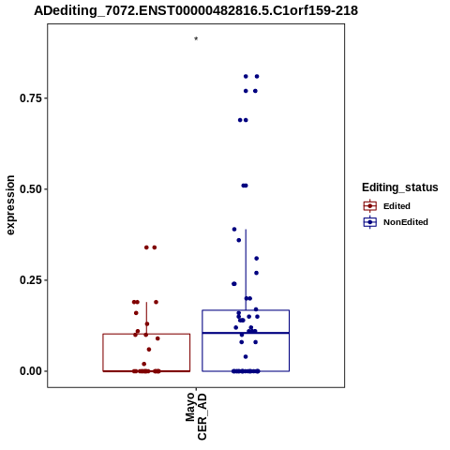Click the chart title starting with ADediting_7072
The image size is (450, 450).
[196, 10]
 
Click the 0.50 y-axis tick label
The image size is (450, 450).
[30, 189]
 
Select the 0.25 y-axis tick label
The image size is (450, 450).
[30, 280]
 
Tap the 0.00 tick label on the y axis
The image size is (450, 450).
[30, 371]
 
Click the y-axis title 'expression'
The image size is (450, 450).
[10, 205]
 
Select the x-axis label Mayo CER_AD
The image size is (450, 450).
[196, 416]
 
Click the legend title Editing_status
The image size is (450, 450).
[400, 187]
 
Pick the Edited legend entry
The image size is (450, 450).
[397, 206]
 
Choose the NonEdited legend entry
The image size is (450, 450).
[406, 222]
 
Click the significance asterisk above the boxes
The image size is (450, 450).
[196, 39]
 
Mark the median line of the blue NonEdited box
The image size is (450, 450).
[246, 333]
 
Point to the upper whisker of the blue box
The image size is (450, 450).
[246, 270]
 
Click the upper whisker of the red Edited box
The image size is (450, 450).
[146, 318]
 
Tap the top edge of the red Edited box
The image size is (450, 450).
[146, 334]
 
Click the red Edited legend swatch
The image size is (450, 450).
[370, 206]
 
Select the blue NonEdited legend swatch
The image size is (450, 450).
[370, 222]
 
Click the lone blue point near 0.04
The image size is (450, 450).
[246, 356]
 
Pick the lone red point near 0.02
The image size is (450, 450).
[144, 364]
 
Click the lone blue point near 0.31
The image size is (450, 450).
[257, 259]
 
